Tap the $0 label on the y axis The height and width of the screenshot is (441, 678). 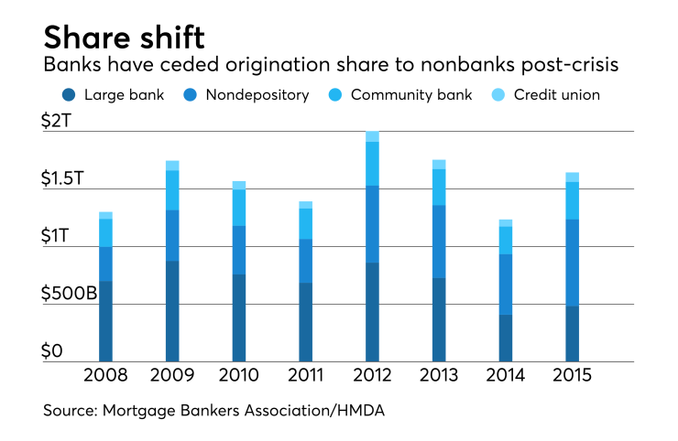(x=54, y=352)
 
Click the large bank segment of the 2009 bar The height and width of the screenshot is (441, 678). (x=172, y=311)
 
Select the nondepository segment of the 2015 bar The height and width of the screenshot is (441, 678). (x=572, y=263)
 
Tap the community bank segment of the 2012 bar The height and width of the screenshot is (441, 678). (x=372, y=164)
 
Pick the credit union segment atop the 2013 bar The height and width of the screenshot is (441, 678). (x=439, y=165)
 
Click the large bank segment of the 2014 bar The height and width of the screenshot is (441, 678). (x=505, y=339)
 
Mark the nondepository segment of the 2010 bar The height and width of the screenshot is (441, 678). (x=239, y=250)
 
